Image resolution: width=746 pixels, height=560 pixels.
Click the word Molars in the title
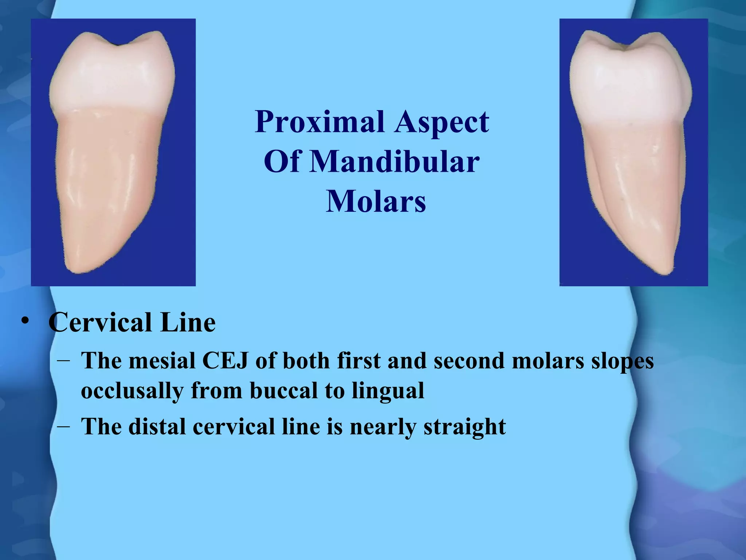click(376, 202)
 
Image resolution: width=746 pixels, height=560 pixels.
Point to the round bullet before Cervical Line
click(25, 321)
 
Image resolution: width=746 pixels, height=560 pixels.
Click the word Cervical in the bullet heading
click(100, 323)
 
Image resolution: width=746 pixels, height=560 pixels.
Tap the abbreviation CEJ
click(225, 361)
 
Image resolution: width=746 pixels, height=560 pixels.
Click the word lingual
click(388, 391)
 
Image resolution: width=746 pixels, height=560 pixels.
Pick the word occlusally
click(132, 391)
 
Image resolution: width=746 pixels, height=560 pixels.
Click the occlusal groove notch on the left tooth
click(117, 45)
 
